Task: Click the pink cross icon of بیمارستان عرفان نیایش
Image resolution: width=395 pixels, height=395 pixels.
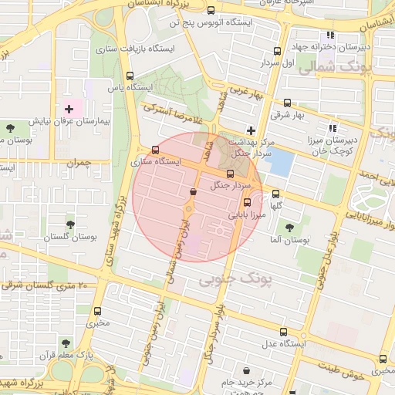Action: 69,109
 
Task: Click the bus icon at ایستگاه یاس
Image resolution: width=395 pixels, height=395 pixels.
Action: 129,76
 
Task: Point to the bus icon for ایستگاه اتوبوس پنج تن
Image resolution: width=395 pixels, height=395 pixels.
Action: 211,11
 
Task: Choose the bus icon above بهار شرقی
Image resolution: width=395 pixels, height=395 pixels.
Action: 288,103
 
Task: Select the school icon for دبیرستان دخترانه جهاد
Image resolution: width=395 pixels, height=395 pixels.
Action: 331,35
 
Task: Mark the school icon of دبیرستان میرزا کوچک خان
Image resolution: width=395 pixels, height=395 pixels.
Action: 333,128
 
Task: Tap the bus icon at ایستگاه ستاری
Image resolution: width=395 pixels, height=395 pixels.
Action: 156,150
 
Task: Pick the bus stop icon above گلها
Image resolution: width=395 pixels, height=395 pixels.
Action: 276,194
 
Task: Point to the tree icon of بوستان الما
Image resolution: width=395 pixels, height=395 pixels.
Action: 289,228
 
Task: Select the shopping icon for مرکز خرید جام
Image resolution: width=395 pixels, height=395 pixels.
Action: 246,370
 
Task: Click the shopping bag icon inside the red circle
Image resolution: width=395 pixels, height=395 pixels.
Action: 192,191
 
